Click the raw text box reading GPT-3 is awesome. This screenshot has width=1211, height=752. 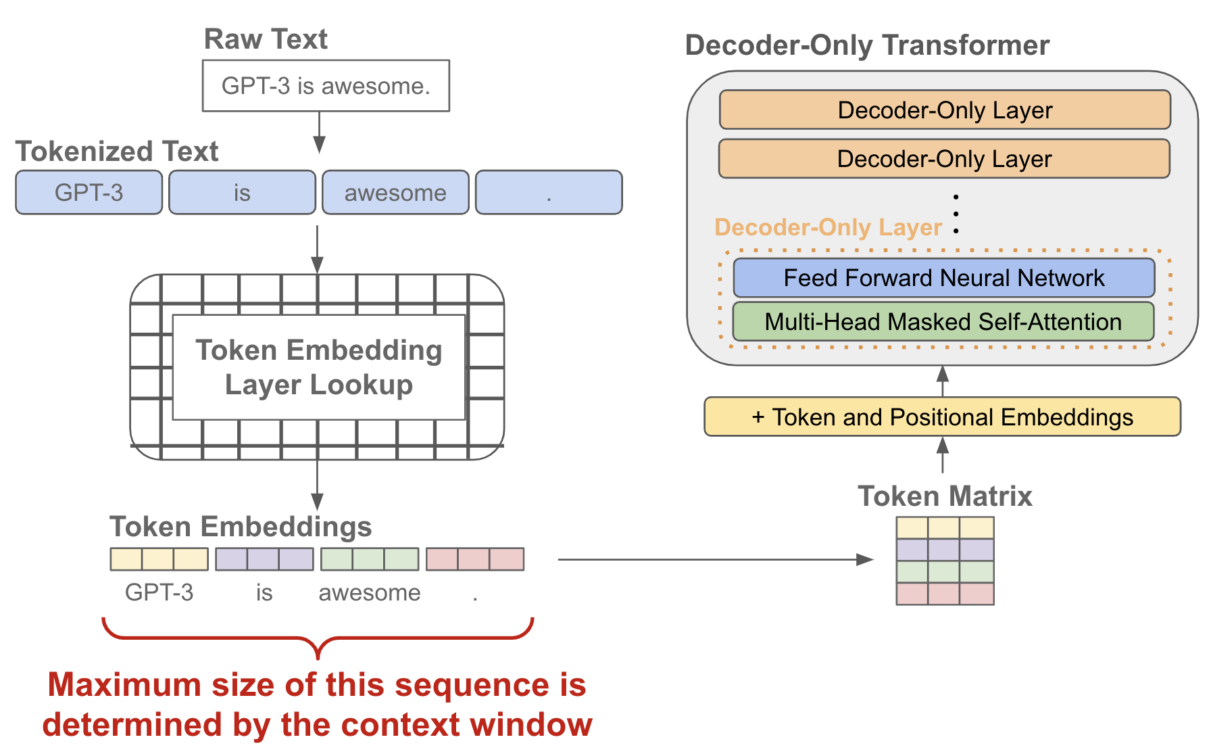(326, 86)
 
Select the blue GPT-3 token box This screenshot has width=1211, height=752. (89, 193)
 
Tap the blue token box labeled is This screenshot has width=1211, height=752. (242, 193)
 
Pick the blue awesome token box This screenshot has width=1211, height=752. (395, 193)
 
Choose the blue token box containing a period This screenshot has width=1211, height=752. (548, 193)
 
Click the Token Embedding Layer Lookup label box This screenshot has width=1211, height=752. (319, 367)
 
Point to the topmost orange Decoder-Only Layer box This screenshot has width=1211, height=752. (945, 110)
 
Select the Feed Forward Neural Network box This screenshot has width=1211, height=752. (943, 278)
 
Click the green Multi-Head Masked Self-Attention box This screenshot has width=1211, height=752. (943, 322)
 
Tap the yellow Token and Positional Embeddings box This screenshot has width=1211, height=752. (942, 417)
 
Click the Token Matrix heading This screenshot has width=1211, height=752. (945, 496)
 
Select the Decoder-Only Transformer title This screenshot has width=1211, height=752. (867, 45)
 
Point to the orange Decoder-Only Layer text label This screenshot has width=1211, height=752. (828, 227)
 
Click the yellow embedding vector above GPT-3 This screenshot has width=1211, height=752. (159, 559)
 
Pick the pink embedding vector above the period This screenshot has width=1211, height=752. (475, 559)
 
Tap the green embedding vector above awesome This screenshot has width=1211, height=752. (370, 559)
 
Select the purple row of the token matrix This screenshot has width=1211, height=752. (945, 550)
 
